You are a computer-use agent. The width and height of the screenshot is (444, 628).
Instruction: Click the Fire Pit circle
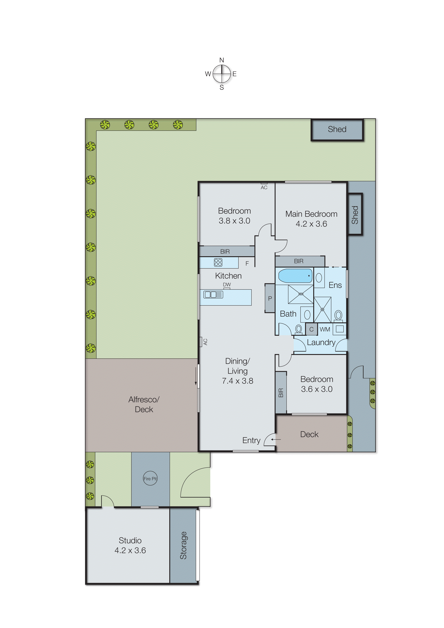[150, 479]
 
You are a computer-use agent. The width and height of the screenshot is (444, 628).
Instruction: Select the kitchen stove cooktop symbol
[218, 262]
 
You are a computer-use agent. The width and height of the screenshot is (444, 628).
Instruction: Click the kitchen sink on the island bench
[213, 295]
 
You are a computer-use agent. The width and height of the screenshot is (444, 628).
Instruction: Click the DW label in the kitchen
[227, 285]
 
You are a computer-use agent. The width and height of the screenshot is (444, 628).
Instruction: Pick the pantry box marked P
[270, 298]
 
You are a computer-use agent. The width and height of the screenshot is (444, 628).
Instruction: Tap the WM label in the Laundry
[325, 329]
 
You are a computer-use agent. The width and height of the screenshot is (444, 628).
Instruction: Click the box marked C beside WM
[311, 329]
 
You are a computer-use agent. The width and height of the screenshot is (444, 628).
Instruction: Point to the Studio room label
[130, 540]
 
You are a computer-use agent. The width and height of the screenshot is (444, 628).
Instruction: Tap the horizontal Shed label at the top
[337, 129]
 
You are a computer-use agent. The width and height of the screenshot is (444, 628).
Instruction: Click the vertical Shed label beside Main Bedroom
[355, 215]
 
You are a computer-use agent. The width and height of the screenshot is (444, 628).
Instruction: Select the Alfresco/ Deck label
[144, 404]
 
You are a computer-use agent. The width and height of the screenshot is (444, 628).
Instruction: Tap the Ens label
[335, 285]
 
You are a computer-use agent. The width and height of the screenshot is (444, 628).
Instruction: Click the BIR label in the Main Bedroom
[299, 261]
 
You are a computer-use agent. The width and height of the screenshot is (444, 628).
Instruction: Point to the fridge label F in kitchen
[247, 263]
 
